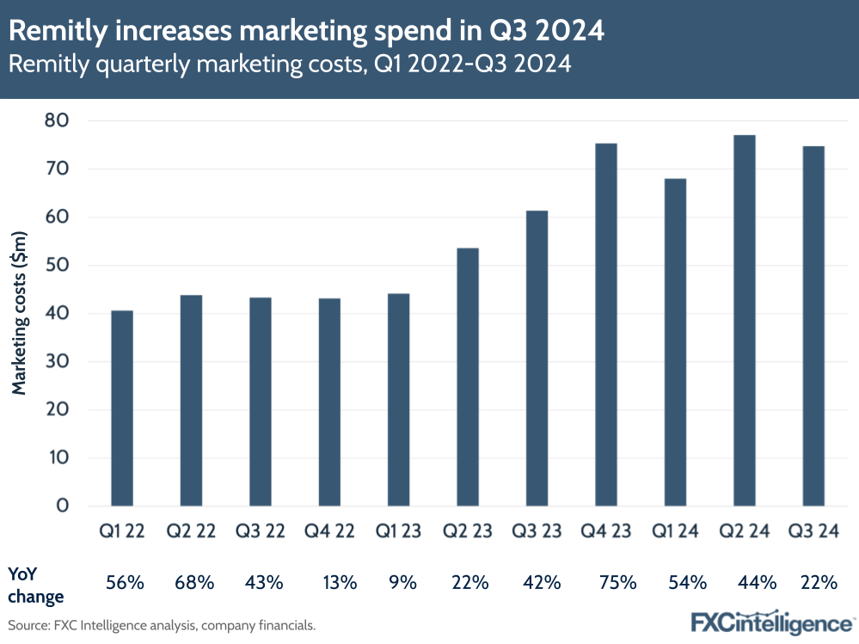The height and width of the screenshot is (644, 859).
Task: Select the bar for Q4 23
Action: click(x=606, y=324)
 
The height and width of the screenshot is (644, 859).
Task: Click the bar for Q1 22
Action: click(x=122, y=408)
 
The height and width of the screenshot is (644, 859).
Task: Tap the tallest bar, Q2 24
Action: click(x=744, y=320)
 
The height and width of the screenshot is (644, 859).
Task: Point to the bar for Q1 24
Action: click(x=675, y=341)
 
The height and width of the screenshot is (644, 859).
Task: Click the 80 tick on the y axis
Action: click(x=56, y=120)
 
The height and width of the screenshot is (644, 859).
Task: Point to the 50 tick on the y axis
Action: click(x=56, y=265)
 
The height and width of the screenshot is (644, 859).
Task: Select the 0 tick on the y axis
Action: click(x=61, y=506)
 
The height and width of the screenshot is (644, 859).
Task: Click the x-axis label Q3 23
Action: click(x=537, y=531)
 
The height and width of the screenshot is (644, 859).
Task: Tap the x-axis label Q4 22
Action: click(x=329, y=531)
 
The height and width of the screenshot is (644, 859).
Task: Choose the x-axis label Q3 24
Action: click(x=813, y=531)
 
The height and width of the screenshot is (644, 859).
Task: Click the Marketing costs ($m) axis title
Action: click(x=20, y=313)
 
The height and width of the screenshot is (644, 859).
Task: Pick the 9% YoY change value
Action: click(x=402, y=583)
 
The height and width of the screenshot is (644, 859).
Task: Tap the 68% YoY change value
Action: click(x=194, y=583)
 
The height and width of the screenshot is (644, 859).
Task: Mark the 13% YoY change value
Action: click(x=340, y=583)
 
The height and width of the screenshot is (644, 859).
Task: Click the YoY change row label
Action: click(x=36, y=583)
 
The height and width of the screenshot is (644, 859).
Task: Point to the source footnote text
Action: click(x=162, y=625)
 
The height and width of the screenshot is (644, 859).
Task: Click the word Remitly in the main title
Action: click(x=52, y=31)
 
